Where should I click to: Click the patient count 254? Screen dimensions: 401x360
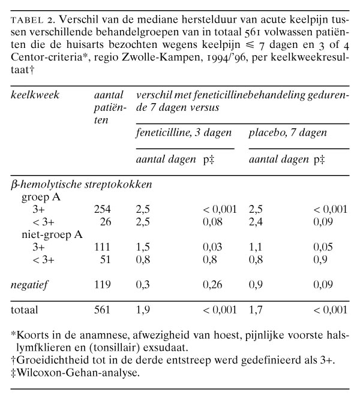[103, 210]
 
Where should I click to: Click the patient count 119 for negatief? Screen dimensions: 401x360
[103, 284]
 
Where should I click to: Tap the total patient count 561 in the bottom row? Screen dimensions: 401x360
[103, 310]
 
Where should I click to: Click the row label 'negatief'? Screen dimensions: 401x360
[31, 284]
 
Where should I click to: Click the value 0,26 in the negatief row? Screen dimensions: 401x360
[215, 284]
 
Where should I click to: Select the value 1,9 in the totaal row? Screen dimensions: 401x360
[143, 310]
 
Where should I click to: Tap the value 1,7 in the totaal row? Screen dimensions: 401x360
[256, 310]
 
